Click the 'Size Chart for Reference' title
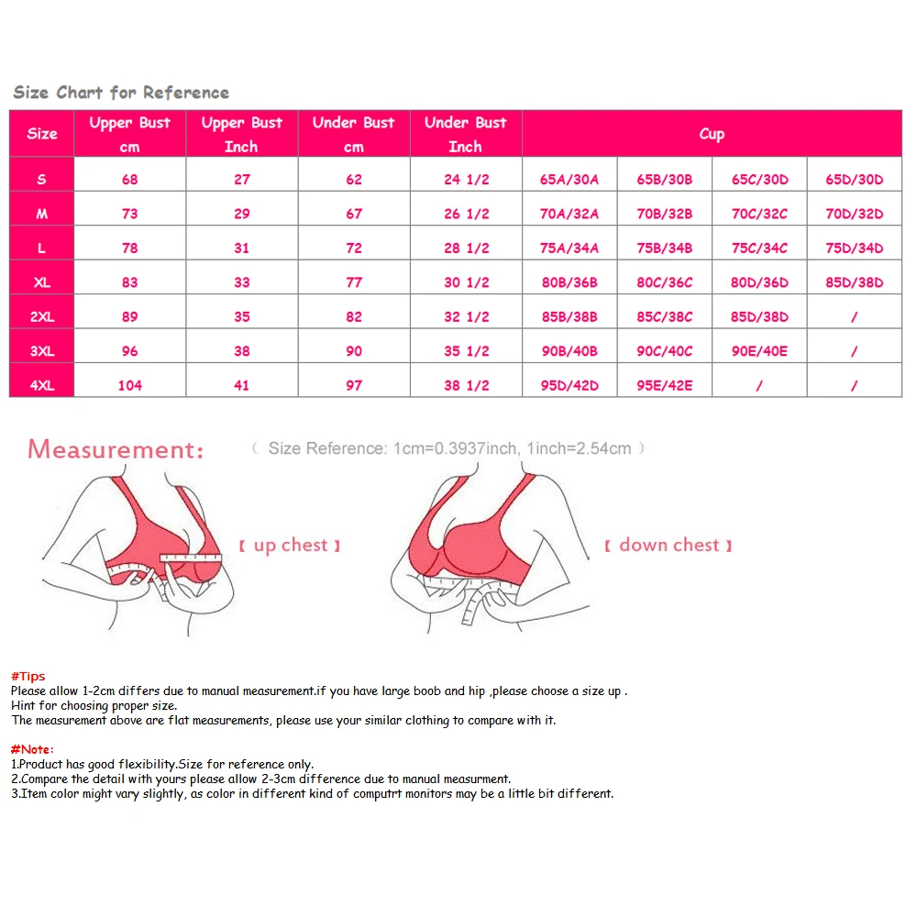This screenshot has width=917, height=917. click(121, 93)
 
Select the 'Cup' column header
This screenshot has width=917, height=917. click(712, 134)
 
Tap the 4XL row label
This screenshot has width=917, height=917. click(41, 386)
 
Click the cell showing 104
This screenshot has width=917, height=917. click(130, 386)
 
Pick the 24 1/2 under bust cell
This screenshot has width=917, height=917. click(466, 180)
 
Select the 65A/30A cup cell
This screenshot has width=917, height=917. click(569, 180)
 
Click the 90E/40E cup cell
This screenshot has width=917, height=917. click(759, 351)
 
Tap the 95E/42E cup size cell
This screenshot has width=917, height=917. click(665, 386)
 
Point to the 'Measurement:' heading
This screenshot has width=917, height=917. click(115, 449)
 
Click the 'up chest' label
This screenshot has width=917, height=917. click(290, 546)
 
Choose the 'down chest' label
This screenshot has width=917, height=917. click(668, 546)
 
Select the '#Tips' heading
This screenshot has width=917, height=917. click(28, 677)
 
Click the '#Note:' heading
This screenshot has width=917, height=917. click(32, 749)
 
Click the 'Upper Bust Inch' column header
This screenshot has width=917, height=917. click(242, 134)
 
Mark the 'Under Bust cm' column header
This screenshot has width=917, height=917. click(354, 134)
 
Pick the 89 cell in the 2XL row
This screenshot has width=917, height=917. click(130, 317)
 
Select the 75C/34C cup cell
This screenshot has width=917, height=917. click(759, 249)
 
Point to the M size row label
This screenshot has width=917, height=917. click(41, 215)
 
